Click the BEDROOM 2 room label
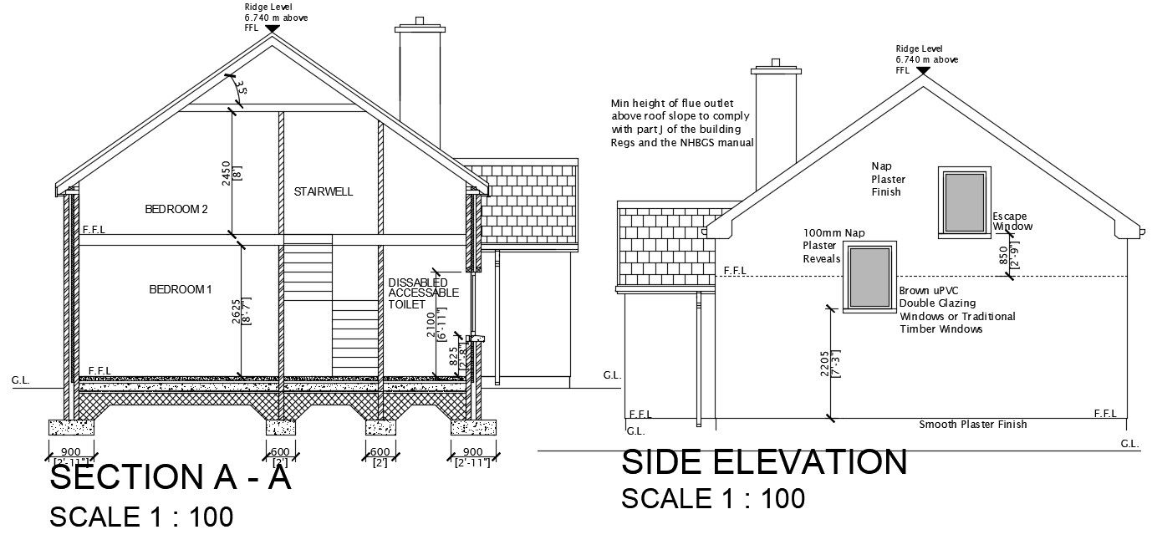click(x=176, y=209)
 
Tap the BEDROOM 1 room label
click(x=181, y=289)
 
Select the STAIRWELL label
click(x=324, y=191)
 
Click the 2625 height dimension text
click(x=237, y=312)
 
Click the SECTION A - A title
click(x=171, y=478)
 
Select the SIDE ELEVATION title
click(x=764, y=462)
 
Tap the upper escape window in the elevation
click(x=964, y=203)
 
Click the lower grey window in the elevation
click(x=869, y=277)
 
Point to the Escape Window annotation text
click(x=1012, y=222)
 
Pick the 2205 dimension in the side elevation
click(x=825, y=364)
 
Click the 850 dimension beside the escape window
click(x=1004, y=255)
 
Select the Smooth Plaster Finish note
click(x=973, y=425)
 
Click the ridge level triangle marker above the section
click(x=272, y=28)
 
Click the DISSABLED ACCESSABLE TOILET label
click(x=423, y=293)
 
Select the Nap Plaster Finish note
click(x=888, y=179)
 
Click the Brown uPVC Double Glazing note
click(x=956, y=310)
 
